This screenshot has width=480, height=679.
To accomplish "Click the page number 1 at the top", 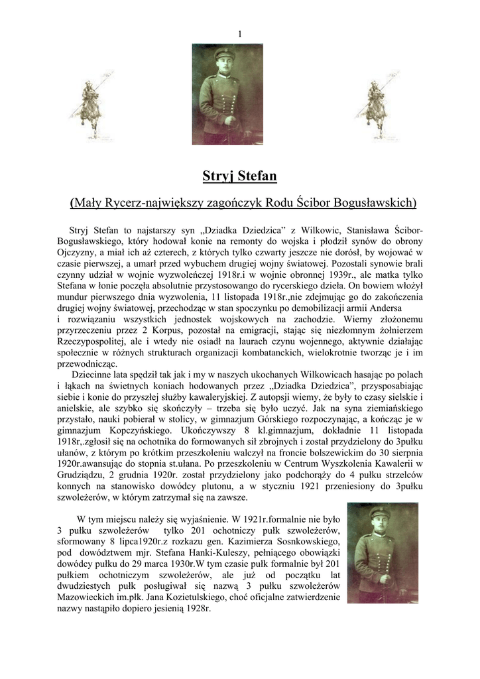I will [239, 34].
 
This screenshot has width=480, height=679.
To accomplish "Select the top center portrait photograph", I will [227, 94].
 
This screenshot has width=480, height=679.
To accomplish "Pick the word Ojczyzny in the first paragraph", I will [77, 253].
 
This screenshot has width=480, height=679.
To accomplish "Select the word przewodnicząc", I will [88, 364].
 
